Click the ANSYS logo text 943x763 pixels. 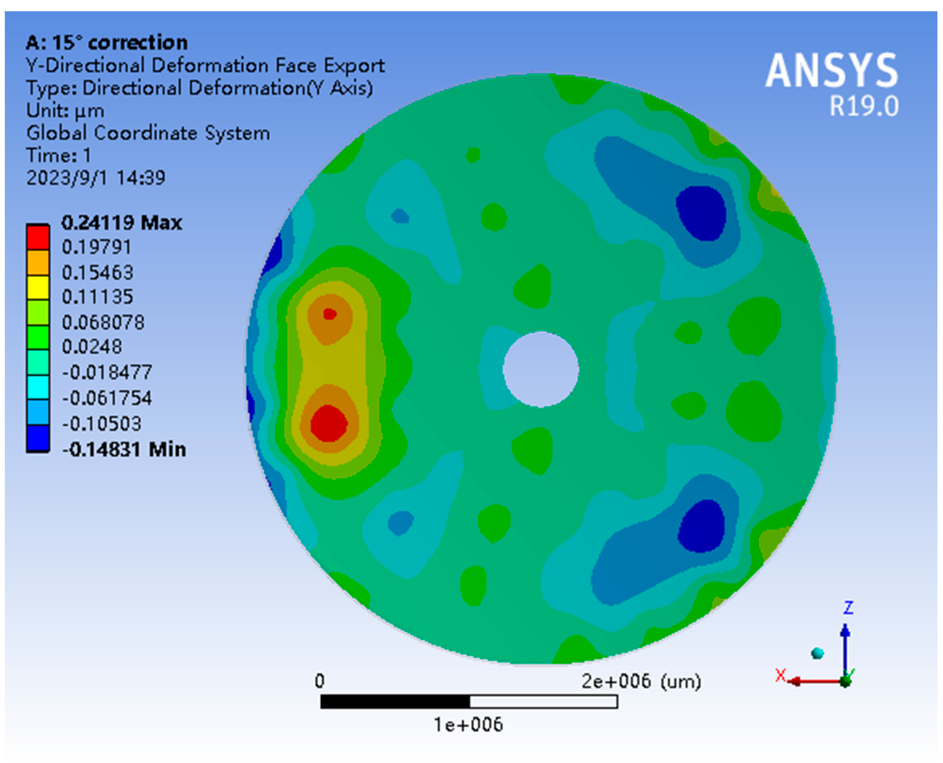tap(831, 70)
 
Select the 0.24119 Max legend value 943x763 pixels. tap(121, 223)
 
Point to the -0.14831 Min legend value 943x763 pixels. tap(124, 449)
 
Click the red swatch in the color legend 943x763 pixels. tap(38, 237)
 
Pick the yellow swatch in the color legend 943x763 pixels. tap(38, 288)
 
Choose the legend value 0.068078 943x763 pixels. tap(103, 322)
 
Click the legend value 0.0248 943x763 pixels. tap(91, 346)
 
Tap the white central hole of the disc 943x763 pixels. tap(541, 369)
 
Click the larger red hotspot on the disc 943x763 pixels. tap(328, 423)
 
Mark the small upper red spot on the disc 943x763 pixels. tap(330, 314)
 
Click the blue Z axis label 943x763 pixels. tap(848, 608)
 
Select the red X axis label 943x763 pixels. tap(780, 675)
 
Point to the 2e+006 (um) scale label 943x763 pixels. tap(641, 681)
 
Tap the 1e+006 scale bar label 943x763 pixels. tap(468, 725)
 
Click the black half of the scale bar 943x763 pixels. tap(395, 701)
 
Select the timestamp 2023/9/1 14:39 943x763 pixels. tap(96, 178)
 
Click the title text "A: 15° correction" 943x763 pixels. tap(107, 42)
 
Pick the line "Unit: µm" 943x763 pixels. tap(65, 111)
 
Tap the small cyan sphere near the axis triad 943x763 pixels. tap(818, 653)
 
